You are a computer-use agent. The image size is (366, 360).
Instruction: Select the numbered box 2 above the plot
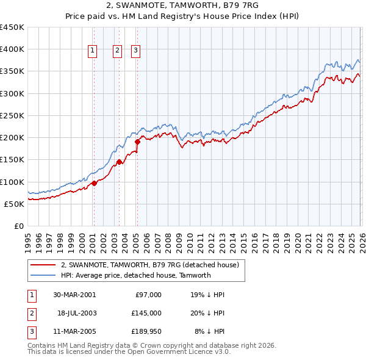tap(117, 51)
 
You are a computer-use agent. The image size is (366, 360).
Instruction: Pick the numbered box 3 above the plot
tap(135, 51)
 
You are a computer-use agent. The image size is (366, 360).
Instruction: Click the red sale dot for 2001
tap(95, 183)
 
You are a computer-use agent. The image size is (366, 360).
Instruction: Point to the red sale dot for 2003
tap(119, 162)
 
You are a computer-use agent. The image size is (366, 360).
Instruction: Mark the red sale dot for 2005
tap(137, 142)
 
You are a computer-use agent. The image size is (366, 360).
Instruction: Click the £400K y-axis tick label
tap(12, 49)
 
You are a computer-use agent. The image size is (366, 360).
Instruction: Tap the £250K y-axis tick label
tap(12, 116)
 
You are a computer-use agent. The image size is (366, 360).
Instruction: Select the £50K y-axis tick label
tap(15, 204)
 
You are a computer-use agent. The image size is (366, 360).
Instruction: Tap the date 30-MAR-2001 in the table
tap(74, 295)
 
